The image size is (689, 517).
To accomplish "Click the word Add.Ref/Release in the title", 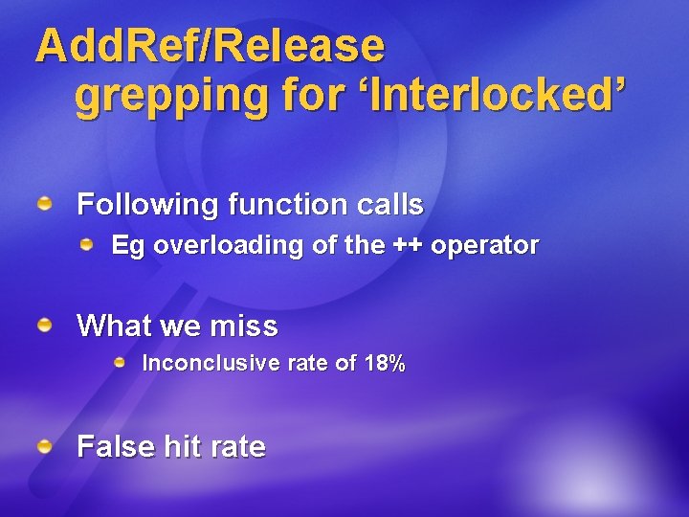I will [x=210, y=45].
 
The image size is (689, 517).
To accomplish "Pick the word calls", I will [x=386, y=205].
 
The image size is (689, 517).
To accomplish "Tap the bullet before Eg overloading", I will [x=87, y=245].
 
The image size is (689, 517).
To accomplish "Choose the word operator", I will [x=484, y=246].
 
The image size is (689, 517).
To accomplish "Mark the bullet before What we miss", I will [x=45, y=326].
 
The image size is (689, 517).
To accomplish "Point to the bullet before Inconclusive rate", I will [x=120, y=363].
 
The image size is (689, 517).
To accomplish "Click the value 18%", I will [x=384, y=364].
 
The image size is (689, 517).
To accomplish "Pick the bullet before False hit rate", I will [x=45, y=446].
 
